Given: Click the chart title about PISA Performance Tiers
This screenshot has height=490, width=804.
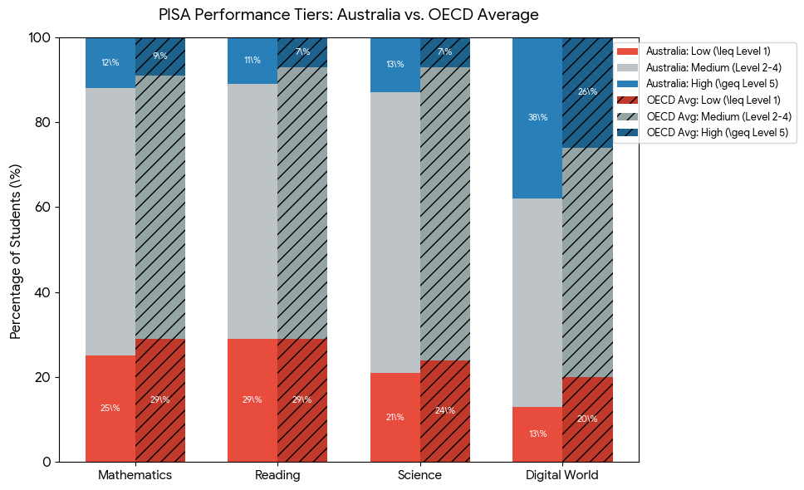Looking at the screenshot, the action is (349, 14).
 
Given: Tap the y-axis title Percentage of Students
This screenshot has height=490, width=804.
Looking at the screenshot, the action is (16, 252).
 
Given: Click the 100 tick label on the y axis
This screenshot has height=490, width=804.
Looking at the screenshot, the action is (40, 38).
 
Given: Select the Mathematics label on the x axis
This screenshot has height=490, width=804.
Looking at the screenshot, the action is (135, 475).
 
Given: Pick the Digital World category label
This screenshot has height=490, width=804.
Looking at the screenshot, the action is (562, 475).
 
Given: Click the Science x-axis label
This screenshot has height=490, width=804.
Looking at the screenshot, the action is (419, 475).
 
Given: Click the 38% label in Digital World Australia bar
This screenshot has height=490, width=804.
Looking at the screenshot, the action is (538, 117).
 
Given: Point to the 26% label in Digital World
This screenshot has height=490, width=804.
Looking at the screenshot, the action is (587, 91).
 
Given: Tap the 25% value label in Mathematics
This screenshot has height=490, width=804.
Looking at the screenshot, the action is (110, 408).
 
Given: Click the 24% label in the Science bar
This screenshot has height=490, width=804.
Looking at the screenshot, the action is (444, 410).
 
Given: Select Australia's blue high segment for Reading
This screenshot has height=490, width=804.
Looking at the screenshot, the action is (252, 61).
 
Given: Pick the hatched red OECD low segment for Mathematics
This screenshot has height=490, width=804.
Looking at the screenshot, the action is (160, 400).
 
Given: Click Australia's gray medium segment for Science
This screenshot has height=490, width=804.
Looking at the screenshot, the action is (395, 233).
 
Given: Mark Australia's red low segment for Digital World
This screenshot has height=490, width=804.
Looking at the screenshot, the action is (537, 434).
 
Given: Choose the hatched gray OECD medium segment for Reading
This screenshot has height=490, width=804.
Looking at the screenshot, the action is (302, 203).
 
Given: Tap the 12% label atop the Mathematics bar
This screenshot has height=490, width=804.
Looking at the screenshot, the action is (110, 62).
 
